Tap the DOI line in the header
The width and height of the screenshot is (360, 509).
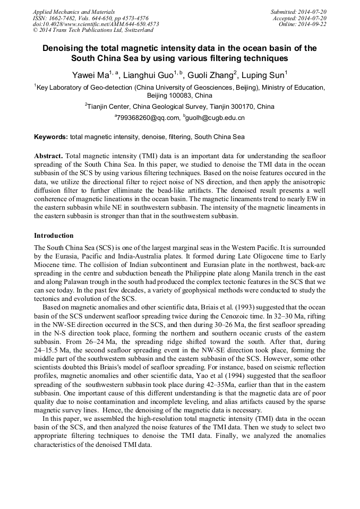[x=96, y=24]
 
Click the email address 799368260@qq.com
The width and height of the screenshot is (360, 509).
[x=147, y=117]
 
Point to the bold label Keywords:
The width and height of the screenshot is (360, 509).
[x=51, y=137]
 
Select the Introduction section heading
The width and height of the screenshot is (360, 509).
[x=54, y=235]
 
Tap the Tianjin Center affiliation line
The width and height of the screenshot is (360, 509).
[x=179, y=107]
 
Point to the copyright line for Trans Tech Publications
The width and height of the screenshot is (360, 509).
[x=92, y=30]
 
